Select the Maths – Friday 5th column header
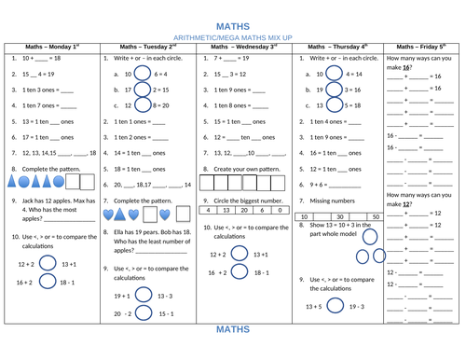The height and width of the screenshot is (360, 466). coord(424,46)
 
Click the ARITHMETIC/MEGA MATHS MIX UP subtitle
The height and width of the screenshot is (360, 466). coord(233,36)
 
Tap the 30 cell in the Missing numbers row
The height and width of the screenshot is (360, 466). coord(349,215)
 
